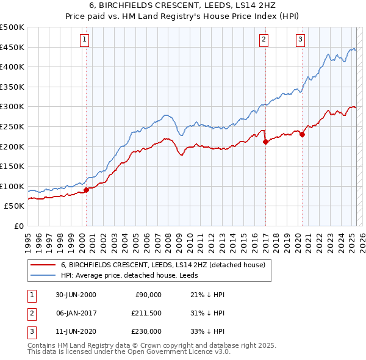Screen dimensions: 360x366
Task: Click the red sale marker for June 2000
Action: pos(87,190)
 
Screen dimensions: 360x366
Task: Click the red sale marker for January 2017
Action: pos(265,142)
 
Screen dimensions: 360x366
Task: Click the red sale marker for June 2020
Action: pos(302,135)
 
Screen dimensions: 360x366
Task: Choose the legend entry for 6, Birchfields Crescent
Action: pos(163,265)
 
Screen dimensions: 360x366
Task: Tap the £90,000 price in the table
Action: pos(148,295)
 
